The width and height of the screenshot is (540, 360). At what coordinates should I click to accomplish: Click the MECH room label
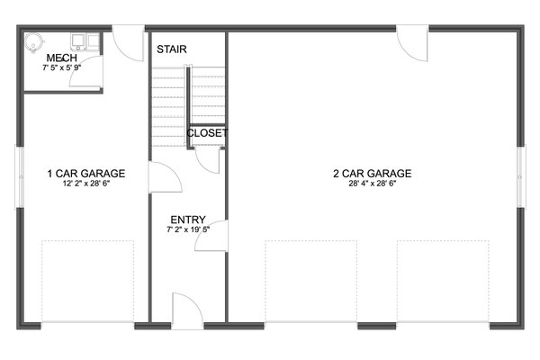click(62, 58)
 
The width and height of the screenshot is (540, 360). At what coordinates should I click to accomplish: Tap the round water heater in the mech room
click(32, 40)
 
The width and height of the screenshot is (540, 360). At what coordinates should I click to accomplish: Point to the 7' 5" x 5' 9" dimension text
click(62, 67)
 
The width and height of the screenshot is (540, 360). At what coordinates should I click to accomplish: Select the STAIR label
click(172, 49)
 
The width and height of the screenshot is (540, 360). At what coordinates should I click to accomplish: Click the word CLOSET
click(207, 133)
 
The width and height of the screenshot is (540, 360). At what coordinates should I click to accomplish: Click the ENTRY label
click(188, 220)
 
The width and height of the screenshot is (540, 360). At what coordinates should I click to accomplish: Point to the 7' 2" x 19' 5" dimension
click(188, 229)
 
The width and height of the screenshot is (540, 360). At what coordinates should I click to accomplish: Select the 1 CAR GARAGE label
click(86, 174)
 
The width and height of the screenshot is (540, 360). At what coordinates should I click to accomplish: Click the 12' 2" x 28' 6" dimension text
click(86, 183)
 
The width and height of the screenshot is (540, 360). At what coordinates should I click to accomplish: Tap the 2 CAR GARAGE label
click(372, 174)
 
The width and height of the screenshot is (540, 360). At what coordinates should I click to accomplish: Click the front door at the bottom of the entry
click(187, 311)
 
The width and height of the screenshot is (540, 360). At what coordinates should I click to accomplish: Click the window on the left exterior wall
click(20, 175)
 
